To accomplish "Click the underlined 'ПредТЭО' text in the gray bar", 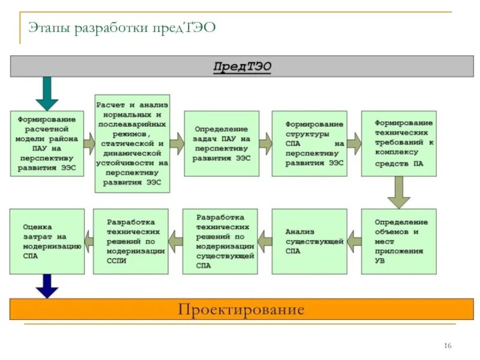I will [242, 65].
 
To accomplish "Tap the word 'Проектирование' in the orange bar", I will [241, 310].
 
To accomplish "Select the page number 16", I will [448, 346].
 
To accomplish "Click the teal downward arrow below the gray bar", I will [47, 93].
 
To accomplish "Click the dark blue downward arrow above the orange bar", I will [47, 286].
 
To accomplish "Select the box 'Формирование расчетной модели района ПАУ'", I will [47, 143].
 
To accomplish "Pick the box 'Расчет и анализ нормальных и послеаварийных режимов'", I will [132, 143].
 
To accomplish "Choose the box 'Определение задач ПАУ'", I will [221, 143].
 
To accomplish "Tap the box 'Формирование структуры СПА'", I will [309, 143].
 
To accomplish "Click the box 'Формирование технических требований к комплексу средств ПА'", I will [398, 143].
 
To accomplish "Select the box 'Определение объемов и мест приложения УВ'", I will [398, 241].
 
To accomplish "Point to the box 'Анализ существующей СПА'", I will [309, 241].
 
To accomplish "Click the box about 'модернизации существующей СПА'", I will [221, 241].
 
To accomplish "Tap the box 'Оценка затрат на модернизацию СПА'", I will [47, 241].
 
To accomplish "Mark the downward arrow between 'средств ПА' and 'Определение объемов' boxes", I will [398, 193].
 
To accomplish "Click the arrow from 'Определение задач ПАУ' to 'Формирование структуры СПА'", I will [265, 143].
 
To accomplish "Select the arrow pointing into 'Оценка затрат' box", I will [89, 241].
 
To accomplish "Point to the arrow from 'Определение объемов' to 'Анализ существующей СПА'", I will [354, 241].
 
